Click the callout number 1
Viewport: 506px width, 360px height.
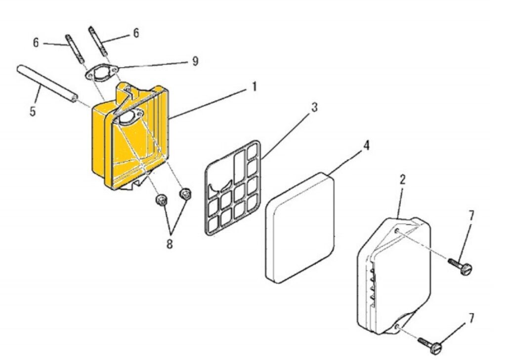tap(254, 87)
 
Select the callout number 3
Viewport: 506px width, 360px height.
tap(314, 108)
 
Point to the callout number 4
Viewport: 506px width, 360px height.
tap(366, 146)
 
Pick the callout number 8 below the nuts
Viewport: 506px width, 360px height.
tap(169, 244)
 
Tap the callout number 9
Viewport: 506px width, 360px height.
tap(195, 61)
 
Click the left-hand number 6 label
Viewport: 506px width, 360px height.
tap(36, 43)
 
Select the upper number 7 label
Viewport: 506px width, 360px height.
tap(471, 215)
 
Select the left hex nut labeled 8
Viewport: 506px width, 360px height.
tap(161, 200)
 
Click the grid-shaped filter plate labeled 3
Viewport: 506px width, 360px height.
tap(233, 188)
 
